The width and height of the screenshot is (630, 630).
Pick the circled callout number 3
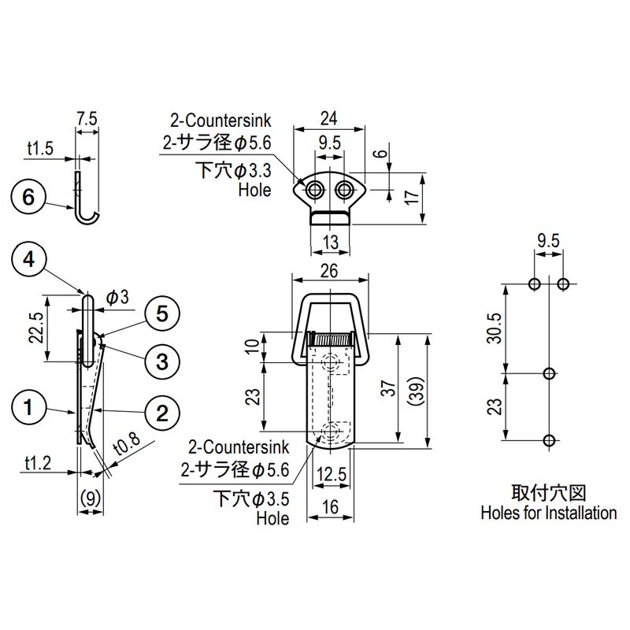[161, 361]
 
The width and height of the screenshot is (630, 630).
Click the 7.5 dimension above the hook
[87, 119]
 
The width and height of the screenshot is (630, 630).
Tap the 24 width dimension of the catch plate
[329, 119]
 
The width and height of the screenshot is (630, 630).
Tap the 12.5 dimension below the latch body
[330, 474]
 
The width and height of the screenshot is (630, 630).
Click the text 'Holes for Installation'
[548, 513]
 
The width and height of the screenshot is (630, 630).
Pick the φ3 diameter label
[116, 297]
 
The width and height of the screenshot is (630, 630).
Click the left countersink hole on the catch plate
[316, 190]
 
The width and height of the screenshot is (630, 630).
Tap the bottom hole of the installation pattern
[550, 440]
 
